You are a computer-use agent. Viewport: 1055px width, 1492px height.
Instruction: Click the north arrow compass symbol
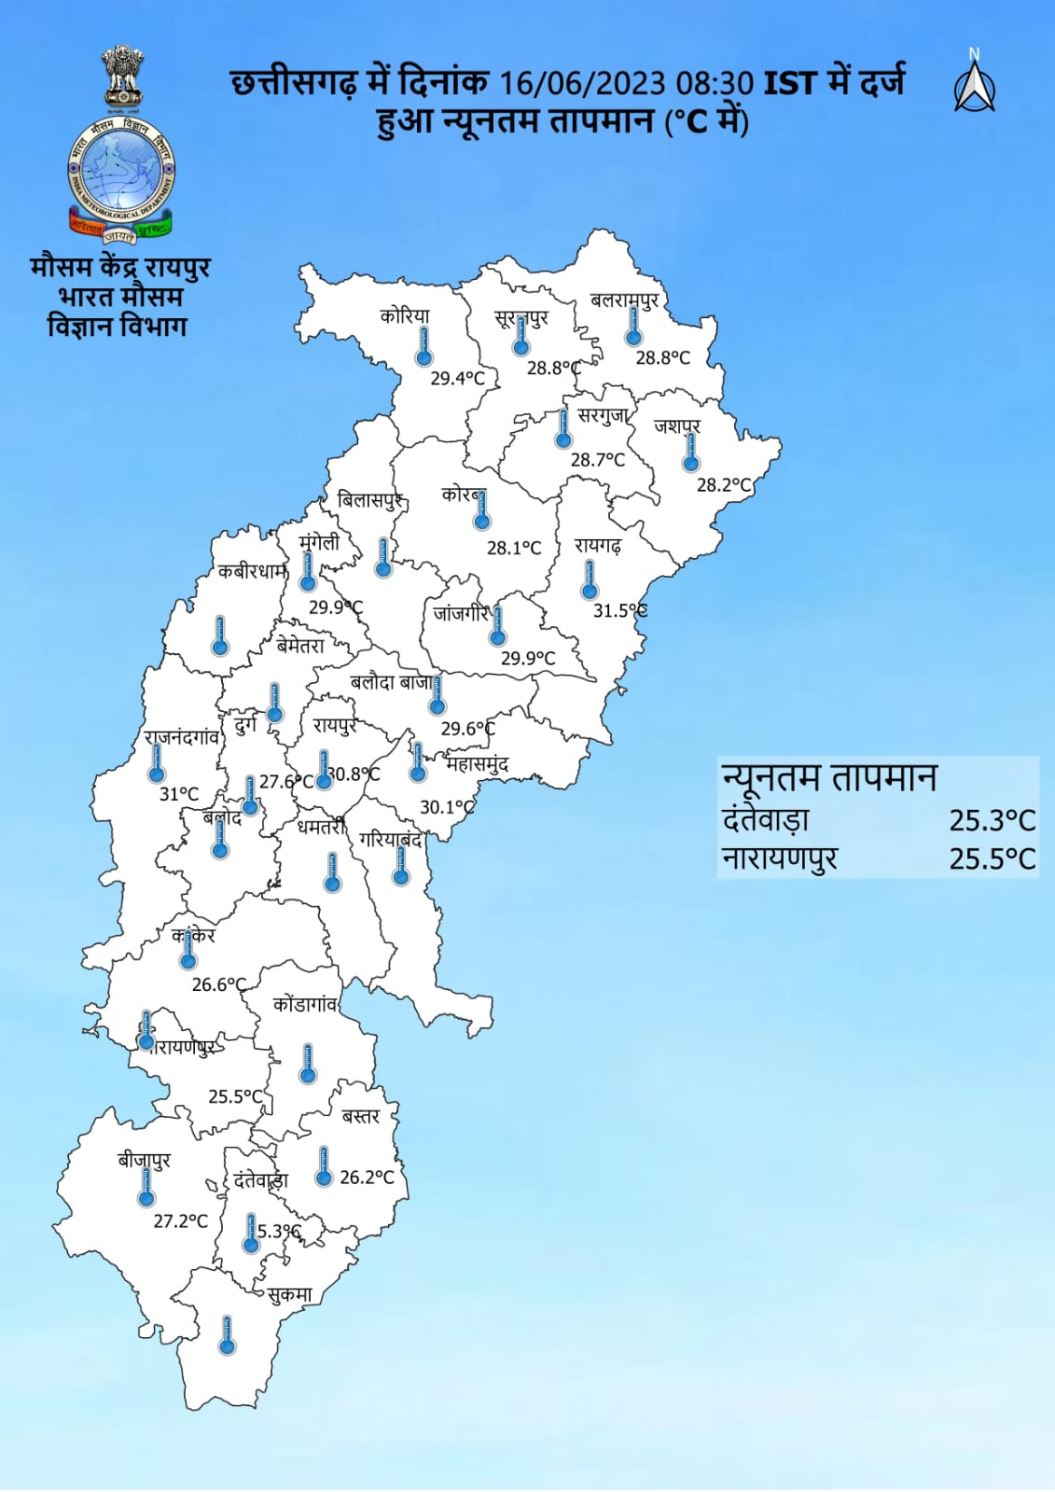pyautogui.click(x=974, y=84)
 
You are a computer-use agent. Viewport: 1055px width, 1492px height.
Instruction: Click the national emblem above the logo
pyautogui.click(x=122, y=74)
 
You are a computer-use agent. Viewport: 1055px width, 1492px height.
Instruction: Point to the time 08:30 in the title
pyautogui.click(x=715, y=83)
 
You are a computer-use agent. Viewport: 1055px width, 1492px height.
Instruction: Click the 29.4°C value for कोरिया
pyautogui.click(x=457, y=378)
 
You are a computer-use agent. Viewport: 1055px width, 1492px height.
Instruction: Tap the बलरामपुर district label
pyautogui.click(x=624, y=300)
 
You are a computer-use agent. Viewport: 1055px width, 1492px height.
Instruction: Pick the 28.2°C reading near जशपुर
pyautogui.click(x=724, y=485)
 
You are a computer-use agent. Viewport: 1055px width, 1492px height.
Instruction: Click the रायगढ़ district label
pyautogui.click(x=598, y=545)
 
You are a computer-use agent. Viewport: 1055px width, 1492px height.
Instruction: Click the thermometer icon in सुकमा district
pyautogui.click(x=227, y=1334)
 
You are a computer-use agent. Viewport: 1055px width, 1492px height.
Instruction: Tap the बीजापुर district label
pyautogui.click(x=145, y=1160)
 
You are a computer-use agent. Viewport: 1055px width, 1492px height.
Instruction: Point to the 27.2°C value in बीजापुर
pyautogui.click(x=181, y=1220)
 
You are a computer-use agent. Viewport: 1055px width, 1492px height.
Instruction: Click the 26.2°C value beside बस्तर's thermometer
pyautogui.click(x=367, y=1178)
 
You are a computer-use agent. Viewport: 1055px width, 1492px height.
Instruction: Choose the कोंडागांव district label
pyautogui.click(x=305, y=1004)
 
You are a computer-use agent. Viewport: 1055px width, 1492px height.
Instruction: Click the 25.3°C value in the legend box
pyautogui.click(x=992, y=820)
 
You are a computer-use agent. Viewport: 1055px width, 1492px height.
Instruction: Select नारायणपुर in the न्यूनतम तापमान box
pyautogui.click(x=780, y=858)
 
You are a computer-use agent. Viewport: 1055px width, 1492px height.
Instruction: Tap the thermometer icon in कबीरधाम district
pyautogui.click(x=220, y=634)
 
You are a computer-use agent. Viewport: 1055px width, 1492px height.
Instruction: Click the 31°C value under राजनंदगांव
pyautogui.click(x=179, y=794)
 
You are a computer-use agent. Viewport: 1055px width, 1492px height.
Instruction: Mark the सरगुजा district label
pyautogui.click(x=603, y=415)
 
